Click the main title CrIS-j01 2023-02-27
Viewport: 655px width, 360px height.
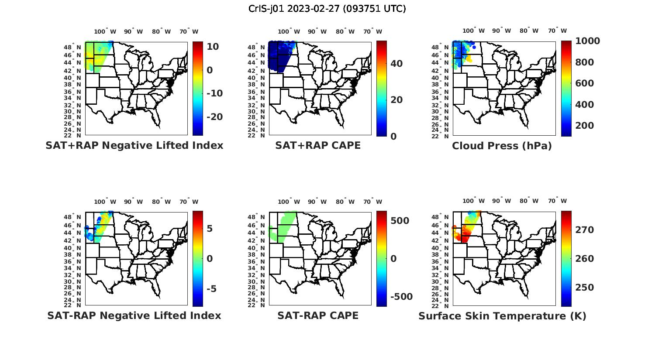click(327, 9)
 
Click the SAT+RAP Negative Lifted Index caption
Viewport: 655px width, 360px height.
click(134, 145)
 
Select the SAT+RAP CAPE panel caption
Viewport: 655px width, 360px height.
click(318, 145)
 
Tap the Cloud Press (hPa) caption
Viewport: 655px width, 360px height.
click(502, 146)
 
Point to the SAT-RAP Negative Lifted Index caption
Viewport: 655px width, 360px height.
click(134, 315)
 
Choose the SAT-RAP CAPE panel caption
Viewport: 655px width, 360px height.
click(318, 315)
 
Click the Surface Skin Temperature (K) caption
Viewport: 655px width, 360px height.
click(502, 316)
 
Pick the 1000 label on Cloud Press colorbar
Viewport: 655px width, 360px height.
click(587, 41)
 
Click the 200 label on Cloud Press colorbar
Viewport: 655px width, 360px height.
click(585, 126)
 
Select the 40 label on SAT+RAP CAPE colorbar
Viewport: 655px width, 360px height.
click(396, 64)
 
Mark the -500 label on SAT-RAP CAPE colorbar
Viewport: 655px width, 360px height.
click(401, 297)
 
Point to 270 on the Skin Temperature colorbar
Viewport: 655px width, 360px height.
click(585, 230)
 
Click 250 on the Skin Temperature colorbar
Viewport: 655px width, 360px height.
click(585, 288)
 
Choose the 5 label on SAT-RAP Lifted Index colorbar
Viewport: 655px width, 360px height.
click(210, 229)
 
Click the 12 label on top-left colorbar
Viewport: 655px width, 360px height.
click(213, 47)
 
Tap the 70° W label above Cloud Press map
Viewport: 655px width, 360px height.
click(557, 31)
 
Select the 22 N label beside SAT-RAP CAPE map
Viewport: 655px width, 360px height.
click(256, 305)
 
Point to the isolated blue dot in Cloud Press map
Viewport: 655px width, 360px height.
click(474, 47)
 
